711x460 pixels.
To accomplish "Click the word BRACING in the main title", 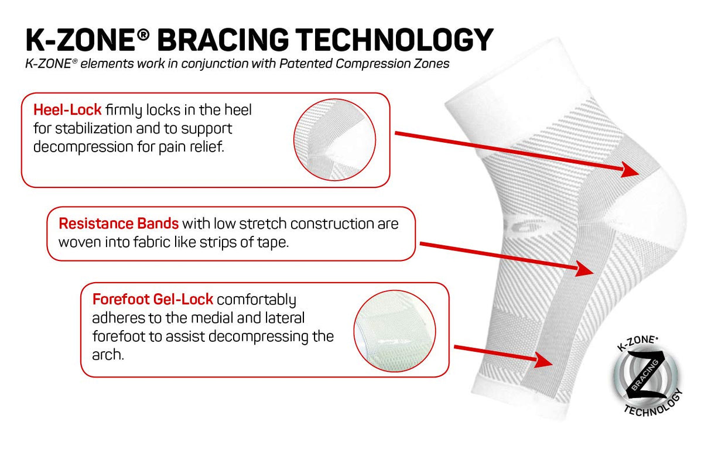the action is tap(223, 39).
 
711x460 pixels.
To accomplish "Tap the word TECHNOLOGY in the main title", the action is tap(394, 39).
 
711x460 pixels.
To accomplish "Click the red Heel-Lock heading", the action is tap(67, 110).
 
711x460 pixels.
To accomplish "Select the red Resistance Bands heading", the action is tap(119, 224).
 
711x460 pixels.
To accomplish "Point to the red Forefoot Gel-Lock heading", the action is tap(153, 299).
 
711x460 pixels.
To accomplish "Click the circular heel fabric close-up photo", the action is tap(335, 140).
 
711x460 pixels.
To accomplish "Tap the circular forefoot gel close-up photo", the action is tap(395, 331).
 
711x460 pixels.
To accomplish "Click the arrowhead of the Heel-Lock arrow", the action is tap(630, 170).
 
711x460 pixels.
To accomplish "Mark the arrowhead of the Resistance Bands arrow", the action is tap(584, 269).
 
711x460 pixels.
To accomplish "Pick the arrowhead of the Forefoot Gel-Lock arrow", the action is tap(543, 361).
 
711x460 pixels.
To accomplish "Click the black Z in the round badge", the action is tap(646, 375).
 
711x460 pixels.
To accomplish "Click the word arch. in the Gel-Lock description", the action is tap(108, 355).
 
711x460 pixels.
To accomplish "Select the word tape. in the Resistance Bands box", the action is tap(273, 243).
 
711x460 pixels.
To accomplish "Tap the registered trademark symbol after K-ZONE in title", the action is tap(143, 34).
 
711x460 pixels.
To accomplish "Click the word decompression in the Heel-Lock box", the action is tap(83, 147).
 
